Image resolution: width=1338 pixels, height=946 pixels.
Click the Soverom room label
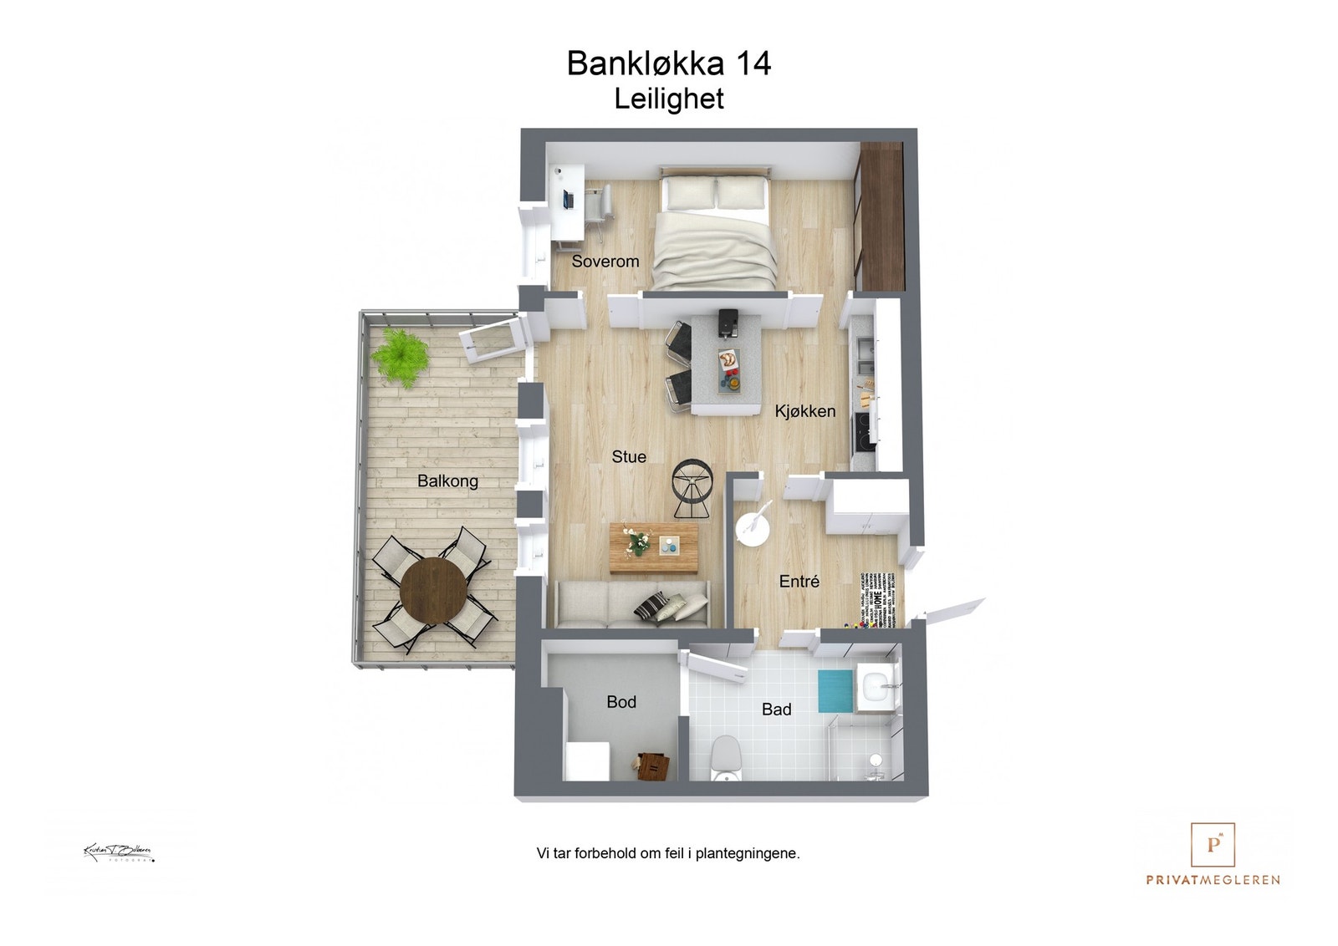[605, 261]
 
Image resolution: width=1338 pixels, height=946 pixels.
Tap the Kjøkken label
[804, 410]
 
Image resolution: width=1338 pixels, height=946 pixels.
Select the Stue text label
[628, 456]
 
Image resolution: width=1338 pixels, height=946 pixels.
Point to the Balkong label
[447, 481]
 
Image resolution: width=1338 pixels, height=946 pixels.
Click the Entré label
[799, 581]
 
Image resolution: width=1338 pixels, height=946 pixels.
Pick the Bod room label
[620, 702]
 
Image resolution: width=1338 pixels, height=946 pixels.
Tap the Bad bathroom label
[776, 709]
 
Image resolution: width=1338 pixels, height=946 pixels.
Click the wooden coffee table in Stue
[654, 548]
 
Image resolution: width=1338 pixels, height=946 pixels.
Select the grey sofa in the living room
[631, 603]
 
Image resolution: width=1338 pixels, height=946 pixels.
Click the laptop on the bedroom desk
[569, 200]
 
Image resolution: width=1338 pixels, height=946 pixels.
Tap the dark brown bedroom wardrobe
[881, 217]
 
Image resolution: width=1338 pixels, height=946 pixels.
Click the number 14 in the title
[753, 64]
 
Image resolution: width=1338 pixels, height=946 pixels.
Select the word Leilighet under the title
[668, 99]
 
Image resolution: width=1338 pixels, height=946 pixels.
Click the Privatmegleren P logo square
[1213, 845]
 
